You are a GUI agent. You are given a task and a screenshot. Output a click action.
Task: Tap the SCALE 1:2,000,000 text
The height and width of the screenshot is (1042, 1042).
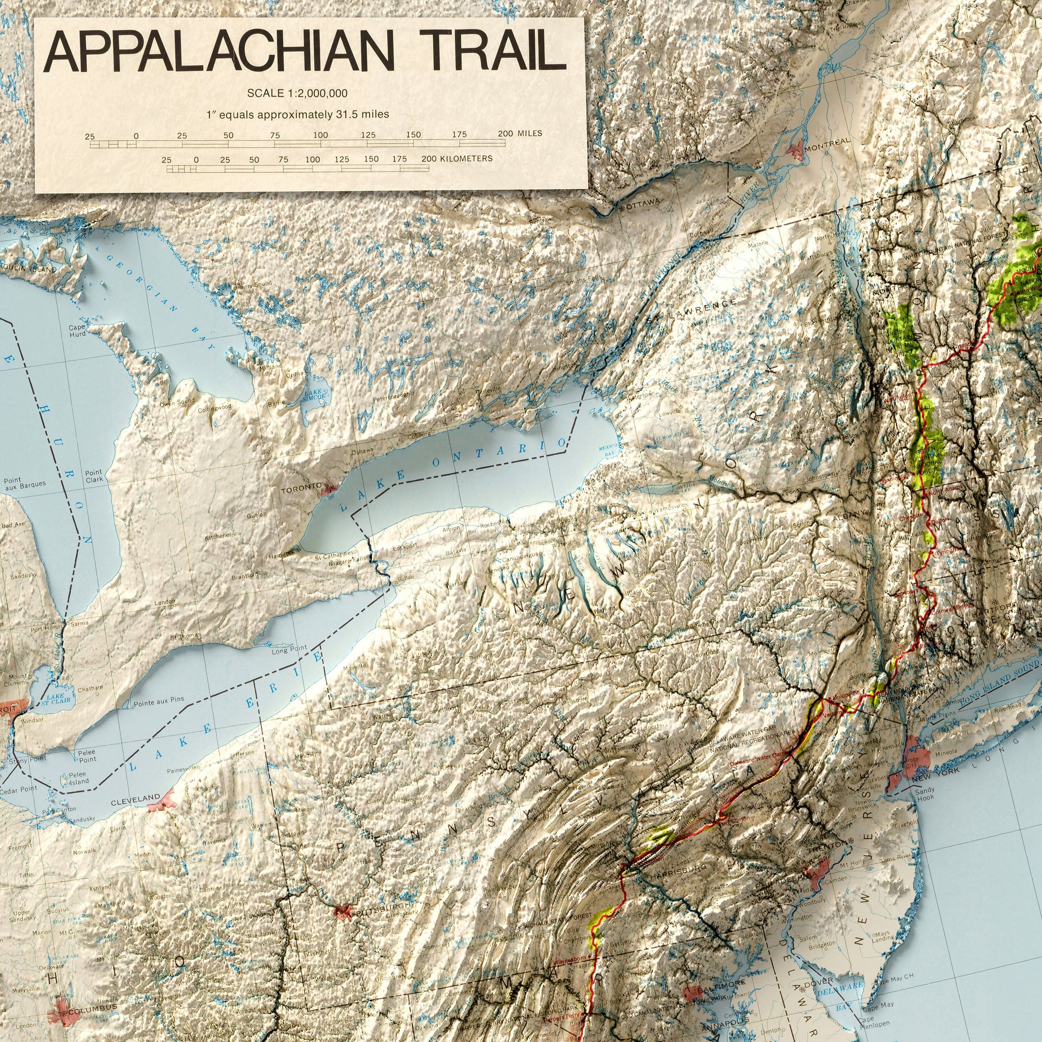tap(297, 93)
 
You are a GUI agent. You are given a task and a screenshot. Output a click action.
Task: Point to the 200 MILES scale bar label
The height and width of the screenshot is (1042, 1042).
tap(520, 133)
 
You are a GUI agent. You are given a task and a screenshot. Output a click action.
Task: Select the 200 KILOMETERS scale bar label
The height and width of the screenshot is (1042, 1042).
tap(457, 158)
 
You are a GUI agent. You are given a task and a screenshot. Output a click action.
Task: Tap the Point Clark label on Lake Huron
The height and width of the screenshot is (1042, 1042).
tap(94, 475)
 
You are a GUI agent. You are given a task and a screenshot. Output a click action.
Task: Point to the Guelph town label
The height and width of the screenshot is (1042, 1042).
tap(257, 515)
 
